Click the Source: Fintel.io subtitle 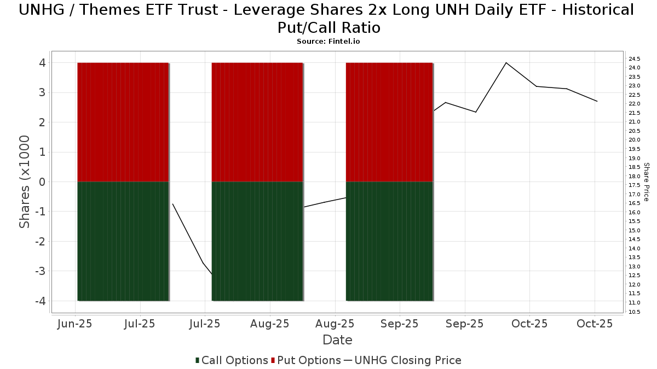click(x=328, y=41)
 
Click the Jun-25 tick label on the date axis click(x=74, y=324)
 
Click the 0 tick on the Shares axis click(x=43, y=182)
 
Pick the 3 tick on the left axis click(x=43, y=93)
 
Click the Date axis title click(x=337, y=340)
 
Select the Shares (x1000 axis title click(x=25, y=181)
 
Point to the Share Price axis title click(x=646, y=181)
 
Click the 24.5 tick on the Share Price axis click(x=635, y=58)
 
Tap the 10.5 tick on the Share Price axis click(x=635, y=312)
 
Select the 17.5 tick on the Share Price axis click(x=635, y=185)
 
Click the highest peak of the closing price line click(x=506, y=63)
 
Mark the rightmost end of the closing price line click(x=597, y=101)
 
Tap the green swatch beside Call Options click(x=197, y=360)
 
